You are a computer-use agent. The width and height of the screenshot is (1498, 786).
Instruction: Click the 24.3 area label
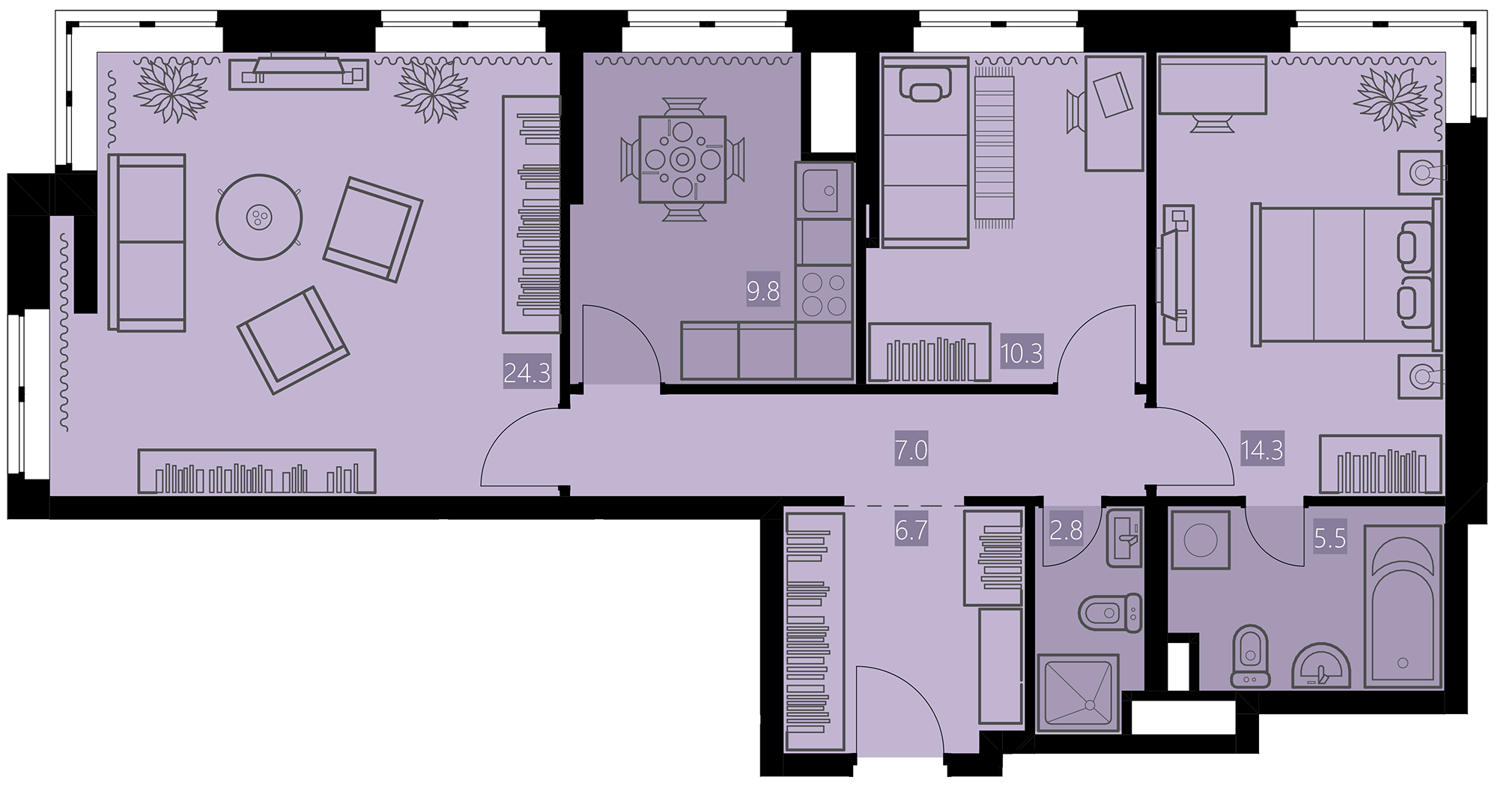(x=527, y=372)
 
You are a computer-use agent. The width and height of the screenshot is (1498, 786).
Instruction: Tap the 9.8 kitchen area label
(x=763, y=291)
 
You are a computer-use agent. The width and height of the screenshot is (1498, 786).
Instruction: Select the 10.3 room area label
(x=1022, y=352)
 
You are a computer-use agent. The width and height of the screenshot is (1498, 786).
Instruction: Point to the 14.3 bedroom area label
(x=1262, y=450)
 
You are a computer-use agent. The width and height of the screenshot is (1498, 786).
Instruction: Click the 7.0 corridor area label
(x=912, y=450)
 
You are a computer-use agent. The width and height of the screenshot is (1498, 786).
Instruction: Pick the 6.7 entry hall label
(x=912, y=530)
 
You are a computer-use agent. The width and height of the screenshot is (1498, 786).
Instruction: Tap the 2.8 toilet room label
(x=1066, y=530)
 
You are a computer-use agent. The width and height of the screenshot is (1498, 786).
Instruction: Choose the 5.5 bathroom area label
(x=1330, y=539)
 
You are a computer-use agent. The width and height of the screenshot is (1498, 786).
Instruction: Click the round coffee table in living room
(x=259, y=217)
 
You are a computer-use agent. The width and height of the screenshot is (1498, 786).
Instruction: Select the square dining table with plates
(x=682, y=159)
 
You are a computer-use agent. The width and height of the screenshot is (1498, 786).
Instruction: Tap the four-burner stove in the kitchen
(x=825, y=294)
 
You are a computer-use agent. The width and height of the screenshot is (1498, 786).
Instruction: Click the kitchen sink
(x=825, y=190)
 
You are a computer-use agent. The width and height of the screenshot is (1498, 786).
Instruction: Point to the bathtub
(x=1403, y=606)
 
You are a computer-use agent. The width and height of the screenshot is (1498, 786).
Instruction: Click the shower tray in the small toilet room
(x=1078, y=693)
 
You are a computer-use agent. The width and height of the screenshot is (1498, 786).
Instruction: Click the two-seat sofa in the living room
(x=147, y=242)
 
